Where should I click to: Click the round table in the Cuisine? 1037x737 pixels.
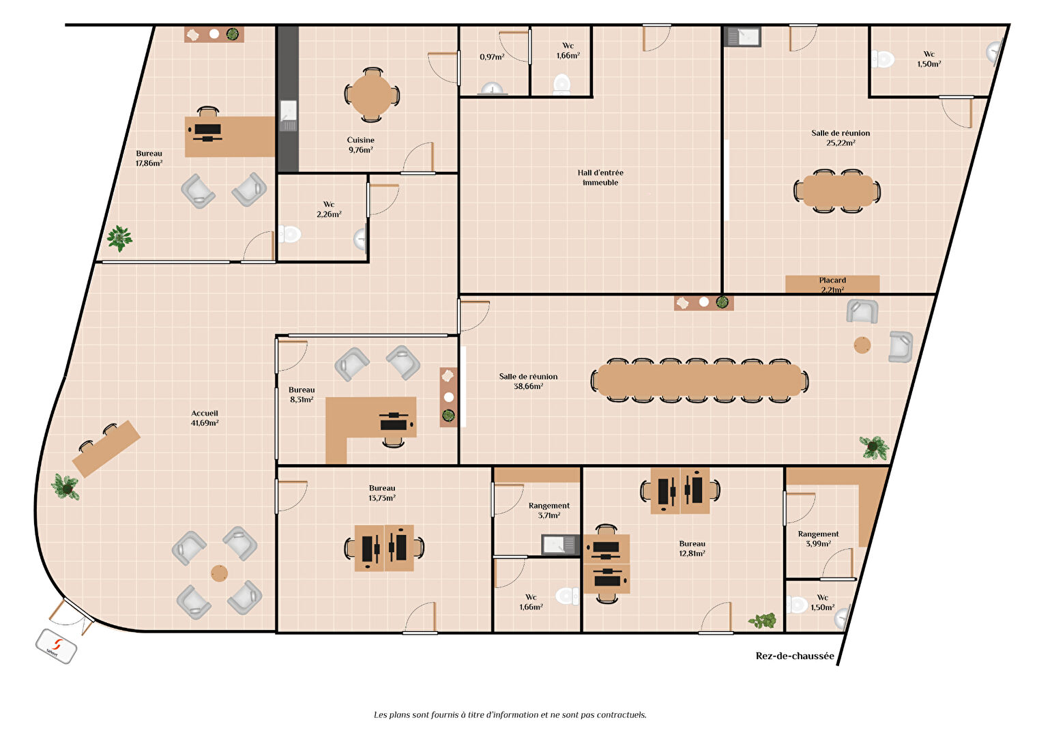coord(371,96)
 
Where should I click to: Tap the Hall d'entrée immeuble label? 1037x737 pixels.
coord(600,177)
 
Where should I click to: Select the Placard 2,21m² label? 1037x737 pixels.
coord(832,285)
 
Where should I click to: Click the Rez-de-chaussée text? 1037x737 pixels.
coord(795,656)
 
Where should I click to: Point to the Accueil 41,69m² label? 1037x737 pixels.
coord(205,418)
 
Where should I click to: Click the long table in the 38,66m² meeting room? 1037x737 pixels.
coord(699,380)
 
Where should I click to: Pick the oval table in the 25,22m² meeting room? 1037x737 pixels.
coord(838,190)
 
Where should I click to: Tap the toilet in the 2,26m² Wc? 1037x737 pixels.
coord(289,234)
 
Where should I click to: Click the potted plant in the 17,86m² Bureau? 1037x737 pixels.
coord(120,238)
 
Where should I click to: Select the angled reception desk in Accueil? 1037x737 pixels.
coord(106,448)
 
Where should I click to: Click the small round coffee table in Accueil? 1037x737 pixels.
coord(220,573)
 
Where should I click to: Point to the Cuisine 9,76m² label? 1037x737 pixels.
coord(361,145)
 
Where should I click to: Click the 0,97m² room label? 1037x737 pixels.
coord(492,57)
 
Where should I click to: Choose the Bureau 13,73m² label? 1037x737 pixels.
coord(382,493)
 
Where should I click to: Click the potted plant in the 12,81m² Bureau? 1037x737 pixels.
coord(763,620)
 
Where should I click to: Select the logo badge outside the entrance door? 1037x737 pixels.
coord(56,646)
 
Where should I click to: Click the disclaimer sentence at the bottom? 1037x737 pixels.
coord(510,714)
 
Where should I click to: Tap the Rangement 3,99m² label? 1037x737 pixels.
coord(818,538)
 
